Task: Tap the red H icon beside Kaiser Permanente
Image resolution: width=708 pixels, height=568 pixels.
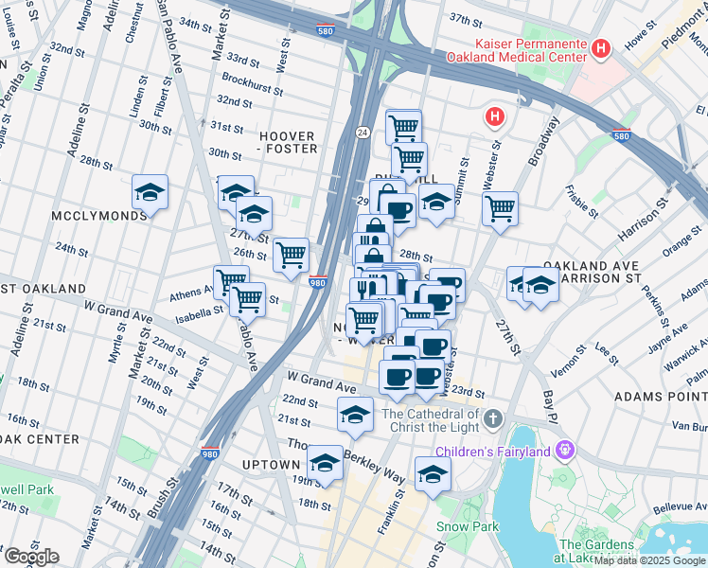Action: pos(599,48)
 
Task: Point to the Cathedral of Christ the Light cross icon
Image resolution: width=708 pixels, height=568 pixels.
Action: pos(492,417)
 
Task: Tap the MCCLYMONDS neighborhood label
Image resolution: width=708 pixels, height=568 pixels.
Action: pos(99,215)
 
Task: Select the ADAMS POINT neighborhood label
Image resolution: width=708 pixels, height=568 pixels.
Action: pos(659,396)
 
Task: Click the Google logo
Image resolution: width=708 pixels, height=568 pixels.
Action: pos(31,557)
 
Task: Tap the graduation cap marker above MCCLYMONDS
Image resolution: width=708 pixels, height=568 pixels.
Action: pos(150,193)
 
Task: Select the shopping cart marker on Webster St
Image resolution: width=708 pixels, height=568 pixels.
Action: pos(499,207)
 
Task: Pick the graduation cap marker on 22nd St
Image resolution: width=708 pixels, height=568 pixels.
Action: pos(355,415)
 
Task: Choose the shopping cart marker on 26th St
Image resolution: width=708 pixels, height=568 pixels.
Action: pos(291,255)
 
